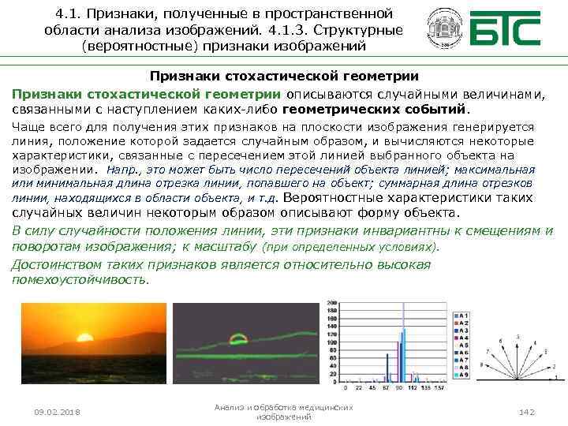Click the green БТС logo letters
pos(505,29)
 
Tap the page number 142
pos(528,413)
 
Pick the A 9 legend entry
pos(463,375)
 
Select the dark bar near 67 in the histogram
pos(387,368)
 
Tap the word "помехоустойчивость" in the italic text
pos(79,279)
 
